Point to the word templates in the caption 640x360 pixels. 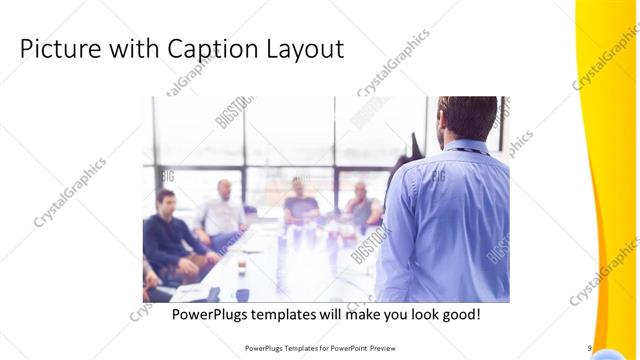pyautogui.click(x=292, y=314)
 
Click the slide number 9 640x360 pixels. pyautogui.click(x=590, y=347)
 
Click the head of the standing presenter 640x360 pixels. pyautogui.click(x=468, y=118)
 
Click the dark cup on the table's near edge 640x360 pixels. pyautogui.click(x=241, y=294)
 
